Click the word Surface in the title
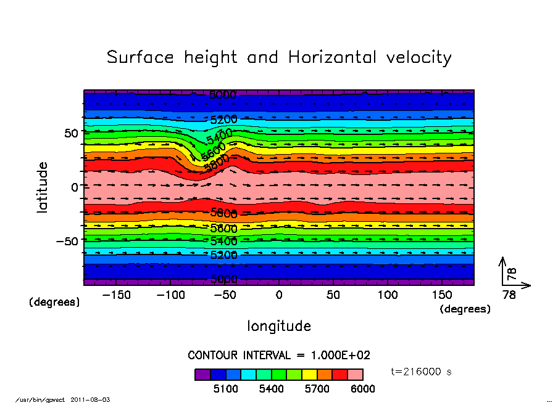coord(141,58)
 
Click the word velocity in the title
coord(418,58)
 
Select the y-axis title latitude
coord(43,187)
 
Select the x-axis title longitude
coord(279,325)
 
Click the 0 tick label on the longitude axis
coord(279,295)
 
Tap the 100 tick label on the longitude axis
coord(388,295)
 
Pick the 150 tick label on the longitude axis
coord(442,295)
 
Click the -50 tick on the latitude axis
coord(65,240)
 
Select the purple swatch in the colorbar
coord(202,374)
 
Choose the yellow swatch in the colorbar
coord(309,374)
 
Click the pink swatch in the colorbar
coord(355,374)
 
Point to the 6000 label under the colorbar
coord(362,389)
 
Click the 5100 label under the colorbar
coord(225,389)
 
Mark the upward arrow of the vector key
coord(504,270)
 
